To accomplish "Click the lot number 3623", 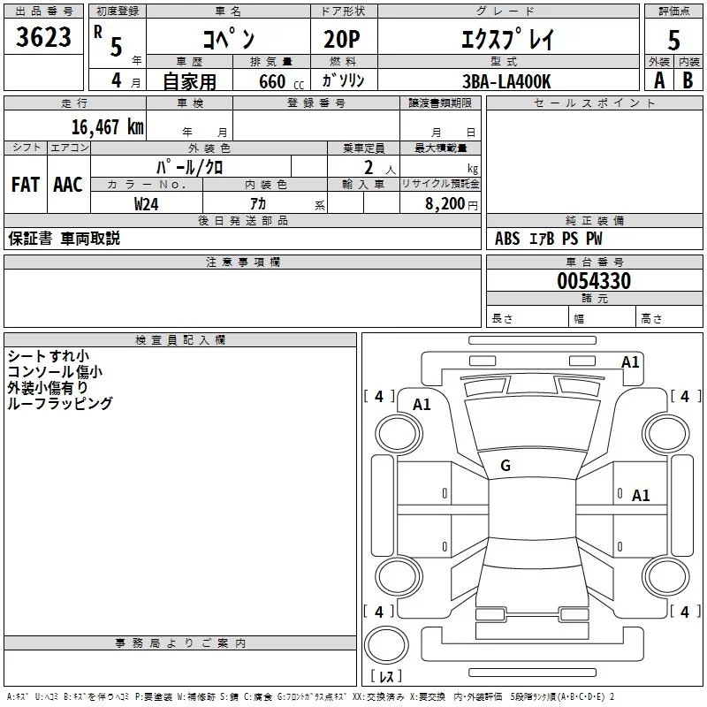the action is click(x=44, y=38).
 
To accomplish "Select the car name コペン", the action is click(x=228, y=40).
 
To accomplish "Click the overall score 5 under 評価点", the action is click(x=673, y=40).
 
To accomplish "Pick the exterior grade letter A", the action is click(x=658, y=80).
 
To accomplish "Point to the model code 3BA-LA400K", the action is click(x=506, y=80).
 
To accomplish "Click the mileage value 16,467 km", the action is click(x=107, y=126).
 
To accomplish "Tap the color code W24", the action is click(x=147, y=203).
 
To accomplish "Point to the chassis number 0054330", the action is click(x=594, y=281).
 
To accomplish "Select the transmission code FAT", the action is click(x=25, y=185).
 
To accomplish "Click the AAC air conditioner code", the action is click(x=67, y=185).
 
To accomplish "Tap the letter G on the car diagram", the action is click(x=506, y=466).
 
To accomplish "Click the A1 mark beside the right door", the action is click(x=641, y=496).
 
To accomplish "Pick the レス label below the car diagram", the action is click(x=385, y=677).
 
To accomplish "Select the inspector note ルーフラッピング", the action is click(x=59, y=403).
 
